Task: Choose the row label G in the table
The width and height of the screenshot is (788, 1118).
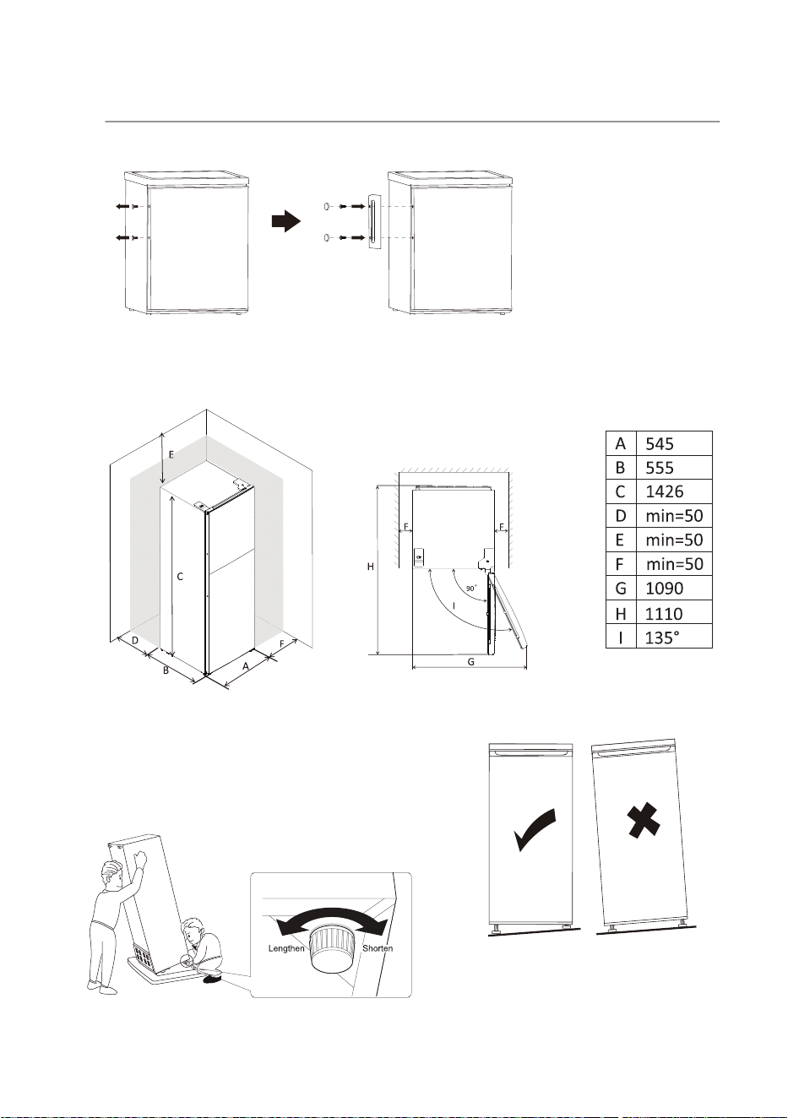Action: click(x=621, y=589)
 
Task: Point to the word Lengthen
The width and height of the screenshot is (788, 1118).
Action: click(x=286, y=948)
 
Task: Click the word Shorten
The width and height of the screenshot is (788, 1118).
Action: click(x=378, y=948)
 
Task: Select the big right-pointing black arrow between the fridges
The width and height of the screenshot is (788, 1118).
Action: click(x=286, y=220)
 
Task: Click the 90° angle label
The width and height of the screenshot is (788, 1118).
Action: click(x=471, y=589)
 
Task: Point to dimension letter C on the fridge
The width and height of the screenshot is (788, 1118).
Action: click(x=180, y=577)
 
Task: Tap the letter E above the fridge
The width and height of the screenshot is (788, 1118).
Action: click(x=171, y=454)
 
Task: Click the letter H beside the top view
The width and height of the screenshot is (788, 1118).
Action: click(x=371, y=567)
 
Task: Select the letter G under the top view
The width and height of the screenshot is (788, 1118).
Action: click(x=470, y=662)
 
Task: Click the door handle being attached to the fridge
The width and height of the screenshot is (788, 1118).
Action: click(x=373, y=220)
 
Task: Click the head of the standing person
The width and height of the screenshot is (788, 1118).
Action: click(x=111, y=875)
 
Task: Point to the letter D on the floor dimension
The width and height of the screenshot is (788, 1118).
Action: click(x=135, y=640)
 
